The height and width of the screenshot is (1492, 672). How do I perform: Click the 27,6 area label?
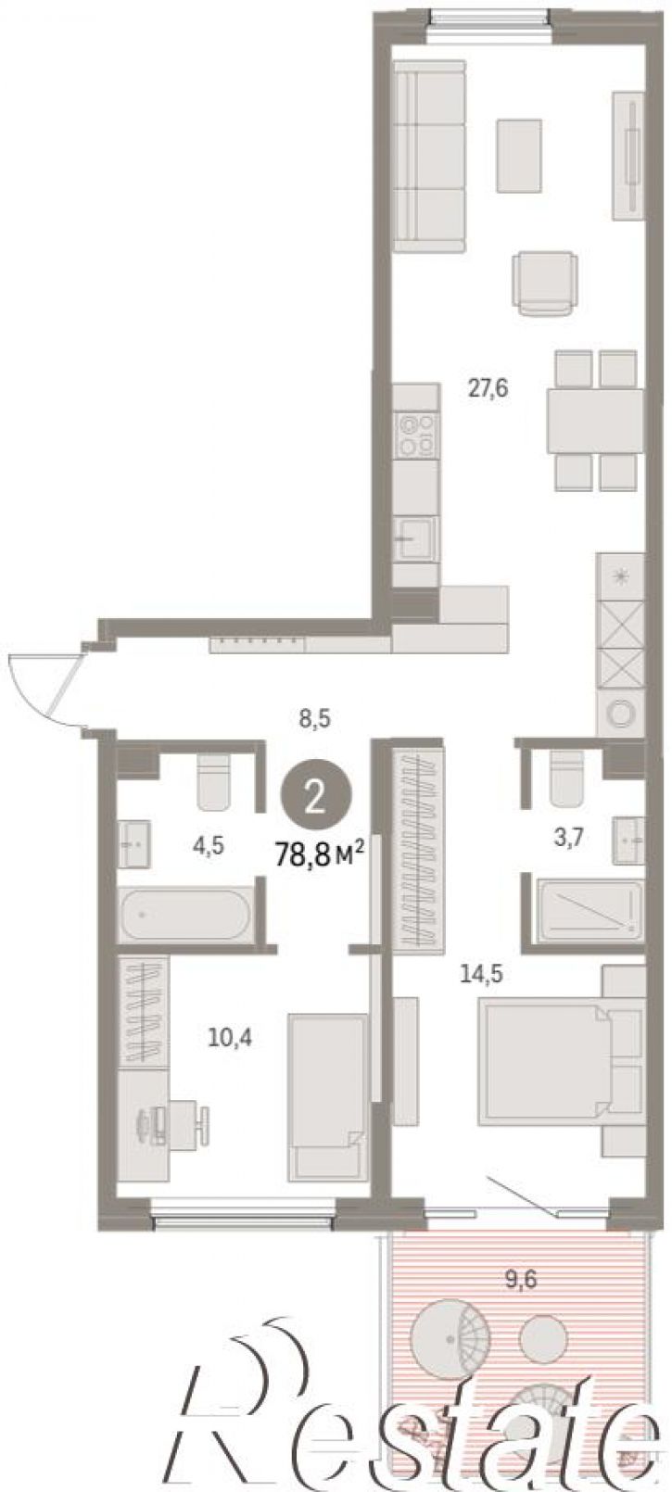click(488, 387)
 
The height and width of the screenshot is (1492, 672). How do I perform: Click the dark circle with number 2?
click(315, 798)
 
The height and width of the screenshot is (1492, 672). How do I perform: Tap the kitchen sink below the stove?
click(415, 538)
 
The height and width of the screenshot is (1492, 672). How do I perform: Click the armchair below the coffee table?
click(543, 283)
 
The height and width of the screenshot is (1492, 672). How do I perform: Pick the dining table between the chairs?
click(595, 421)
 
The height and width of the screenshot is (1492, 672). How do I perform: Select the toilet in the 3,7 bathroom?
click(565, 778)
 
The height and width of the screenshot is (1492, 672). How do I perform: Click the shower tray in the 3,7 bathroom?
click(590, 911)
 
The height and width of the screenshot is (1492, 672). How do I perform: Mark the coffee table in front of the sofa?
click(518, 156)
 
